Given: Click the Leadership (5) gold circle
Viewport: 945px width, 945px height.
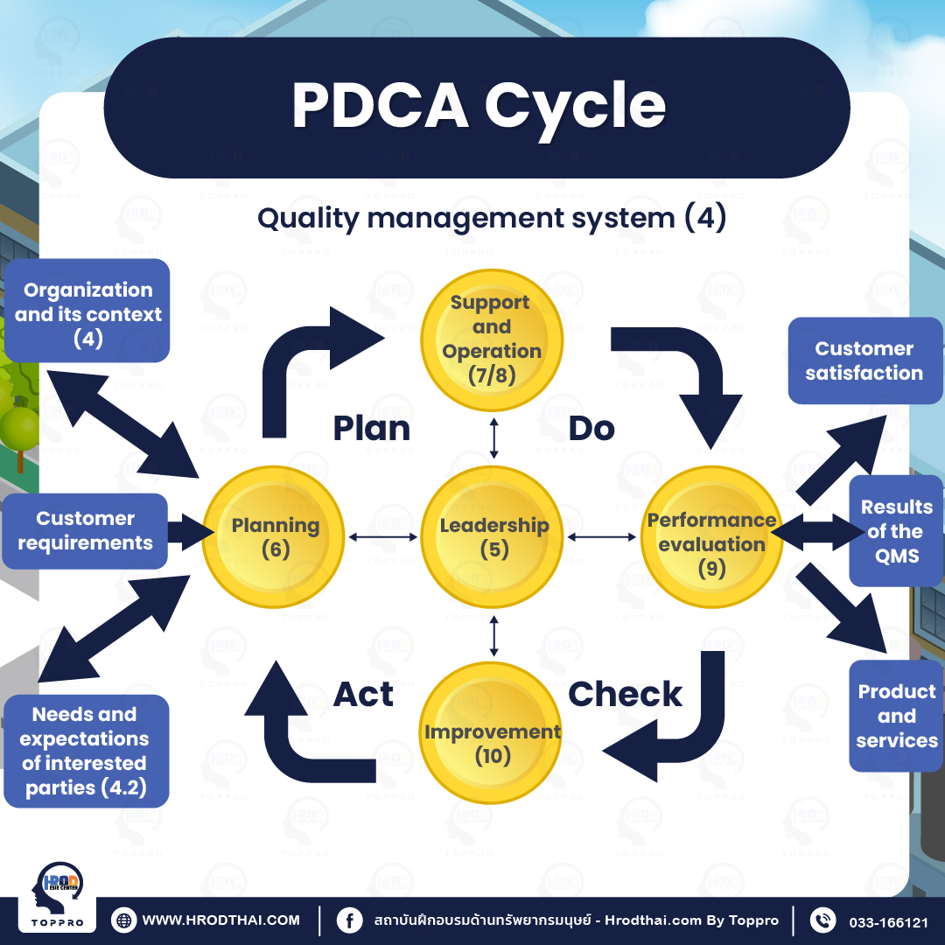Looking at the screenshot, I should coord(493,536).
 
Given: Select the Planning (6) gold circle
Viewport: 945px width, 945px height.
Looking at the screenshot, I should coord(274,536).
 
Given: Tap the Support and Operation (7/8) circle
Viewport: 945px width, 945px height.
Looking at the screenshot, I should coord(492,339).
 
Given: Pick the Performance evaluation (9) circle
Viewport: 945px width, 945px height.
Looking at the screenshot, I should coord(712,537).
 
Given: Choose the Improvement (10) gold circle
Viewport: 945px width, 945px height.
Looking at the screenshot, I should coord(492,733).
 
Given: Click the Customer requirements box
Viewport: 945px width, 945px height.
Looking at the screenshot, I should coord(86,531).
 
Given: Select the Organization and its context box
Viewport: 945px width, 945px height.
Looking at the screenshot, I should coord(87,311).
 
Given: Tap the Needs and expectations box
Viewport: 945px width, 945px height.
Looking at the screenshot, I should coord(86,751).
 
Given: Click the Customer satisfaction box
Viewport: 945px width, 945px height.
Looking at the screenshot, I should coord(864,360).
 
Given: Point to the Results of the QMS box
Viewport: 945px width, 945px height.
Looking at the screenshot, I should coord(896,531).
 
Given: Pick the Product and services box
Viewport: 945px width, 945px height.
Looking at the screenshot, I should coord(896,716).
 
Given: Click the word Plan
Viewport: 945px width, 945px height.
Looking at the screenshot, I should coord(372,429).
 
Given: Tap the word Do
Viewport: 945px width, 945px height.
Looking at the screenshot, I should coord(591,429).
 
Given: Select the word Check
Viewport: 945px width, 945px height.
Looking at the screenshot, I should coord(625,694).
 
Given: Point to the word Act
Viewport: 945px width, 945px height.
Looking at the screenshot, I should coord(363,694).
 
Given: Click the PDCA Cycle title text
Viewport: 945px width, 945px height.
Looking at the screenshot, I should coord(479,107).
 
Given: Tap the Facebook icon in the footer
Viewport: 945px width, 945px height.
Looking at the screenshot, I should coord(349,920).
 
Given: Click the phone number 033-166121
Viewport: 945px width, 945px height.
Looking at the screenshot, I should coord(888,921).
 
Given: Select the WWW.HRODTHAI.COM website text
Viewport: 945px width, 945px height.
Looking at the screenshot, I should coord(220,920).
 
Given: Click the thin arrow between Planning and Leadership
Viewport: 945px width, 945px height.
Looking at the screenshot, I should coord(384,536).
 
